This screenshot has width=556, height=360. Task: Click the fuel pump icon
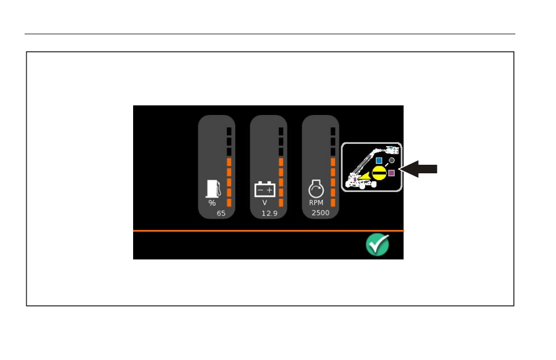[213, 189]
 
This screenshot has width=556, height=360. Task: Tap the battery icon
[265, 189]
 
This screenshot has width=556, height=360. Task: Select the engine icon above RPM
[316, 189]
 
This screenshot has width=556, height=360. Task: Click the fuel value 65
[221, 213]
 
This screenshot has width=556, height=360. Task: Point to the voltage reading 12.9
[269, 213]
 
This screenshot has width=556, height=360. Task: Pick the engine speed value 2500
[321, 213]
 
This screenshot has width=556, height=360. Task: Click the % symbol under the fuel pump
[212, 203]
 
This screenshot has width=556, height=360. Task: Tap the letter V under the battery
[265, 203]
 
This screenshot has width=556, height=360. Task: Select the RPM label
[316, 203]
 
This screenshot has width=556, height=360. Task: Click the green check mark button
[377, 245]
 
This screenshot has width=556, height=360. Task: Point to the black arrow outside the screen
[419, 169]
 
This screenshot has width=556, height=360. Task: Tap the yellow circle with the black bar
[379, 173]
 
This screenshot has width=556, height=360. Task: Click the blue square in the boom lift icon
[379, 160]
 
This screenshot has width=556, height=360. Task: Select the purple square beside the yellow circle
[391, 173]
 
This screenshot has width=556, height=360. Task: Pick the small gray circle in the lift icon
[391, 160]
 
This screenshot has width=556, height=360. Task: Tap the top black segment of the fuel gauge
[229, 131]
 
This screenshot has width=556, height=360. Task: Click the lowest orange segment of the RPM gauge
[333, 203]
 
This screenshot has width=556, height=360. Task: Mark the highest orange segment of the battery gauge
[281, 162]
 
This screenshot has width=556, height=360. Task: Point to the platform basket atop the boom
[392, 150]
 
